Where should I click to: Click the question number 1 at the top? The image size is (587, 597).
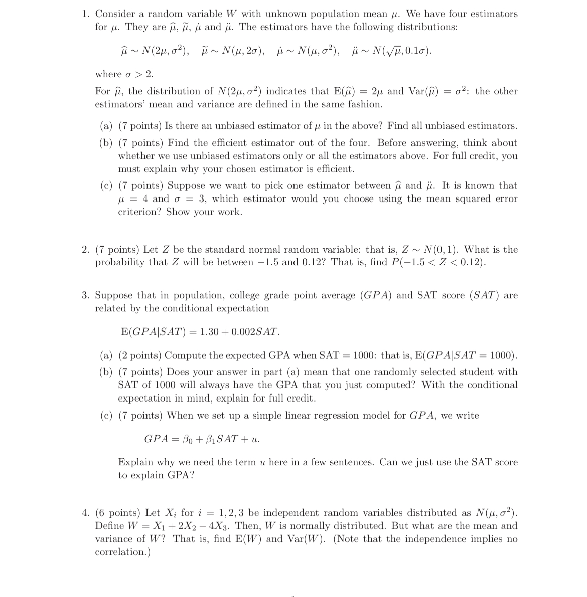point(85,14)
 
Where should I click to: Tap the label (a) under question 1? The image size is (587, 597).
point(106,126)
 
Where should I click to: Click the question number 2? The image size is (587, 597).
point(85,250)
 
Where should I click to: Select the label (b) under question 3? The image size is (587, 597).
point(106,372)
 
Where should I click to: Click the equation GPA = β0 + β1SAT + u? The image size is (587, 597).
point(202,439)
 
